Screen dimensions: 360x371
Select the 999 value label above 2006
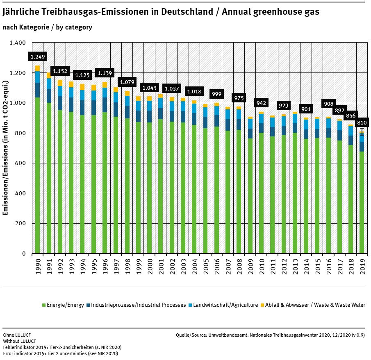(216, 94)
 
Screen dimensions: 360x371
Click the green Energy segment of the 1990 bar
(37, 176)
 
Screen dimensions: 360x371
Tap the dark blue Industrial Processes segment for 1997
(116, 110)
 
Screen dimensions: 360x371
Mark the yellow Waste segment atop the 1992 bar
(60, 83)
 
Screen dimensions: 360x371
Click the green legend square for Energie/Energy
(44, 305)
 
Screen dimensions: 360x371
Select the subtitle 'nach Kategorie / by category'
(47, 27)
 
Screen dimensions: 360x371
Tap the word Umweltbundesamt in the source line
(226, 335)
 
